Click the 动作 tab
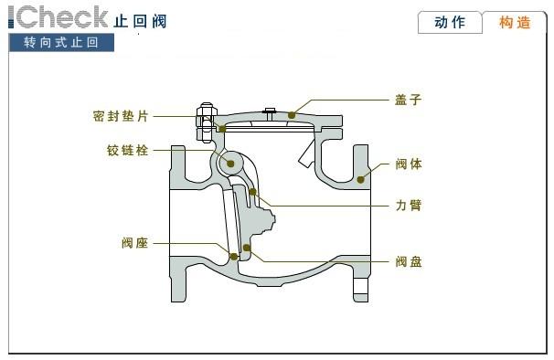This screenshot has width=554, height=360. pos(449,23)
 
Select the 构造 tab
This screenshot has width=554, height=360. pos(515,23)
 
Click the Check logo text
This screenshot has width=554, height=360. pos(59,16)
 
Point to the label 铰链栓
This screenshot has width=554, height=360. pos(128,150)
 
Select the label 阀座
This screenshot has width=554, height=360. pos(134,243)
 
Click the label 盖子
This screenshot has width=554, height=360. pos(409,99)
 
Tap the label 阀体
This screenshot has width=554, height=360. pos(409,164)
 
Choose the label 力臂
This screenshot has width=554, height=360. pos(409,206)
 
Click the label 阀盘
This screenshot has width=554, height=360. pos(409,261)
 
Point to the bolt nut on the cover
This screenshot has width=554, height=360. pos(205,120)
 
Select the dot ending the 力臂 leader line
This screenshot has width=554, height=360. pos(252,192)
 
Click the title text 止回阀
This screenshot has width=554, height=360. pos(141,21)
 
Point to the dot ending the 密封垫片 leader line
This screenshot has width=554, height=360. pos(221,129)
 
